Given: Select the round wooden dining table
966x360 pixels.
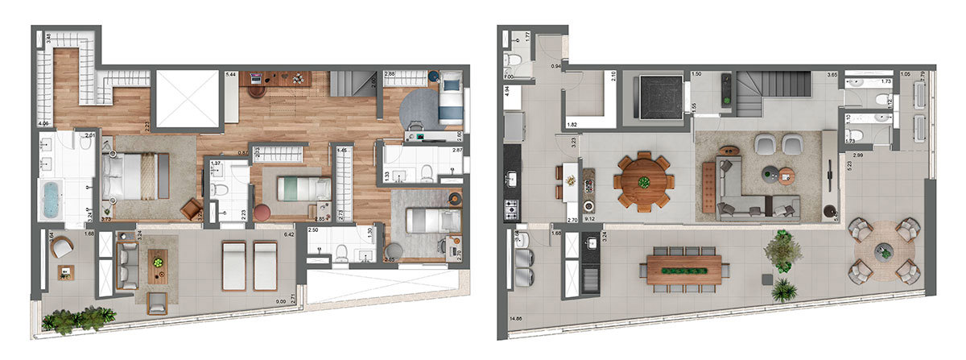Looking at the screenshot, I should (644, 181).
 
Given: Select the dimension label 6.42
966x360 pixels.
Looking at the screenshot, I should (291, 235).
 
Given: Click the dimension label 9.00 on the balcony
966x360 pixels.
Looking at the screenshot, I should (279, 302).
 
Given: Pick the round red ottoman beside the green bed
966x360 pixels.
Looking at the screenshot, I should (263, 213).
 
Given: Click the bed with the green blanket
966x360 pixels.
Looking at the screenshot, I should (303, 189).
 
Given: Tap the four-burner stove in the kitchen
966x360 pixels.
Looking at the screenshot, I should (512, 210).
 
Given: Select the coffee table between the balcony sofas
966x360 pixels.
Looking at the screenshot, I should (158, 265).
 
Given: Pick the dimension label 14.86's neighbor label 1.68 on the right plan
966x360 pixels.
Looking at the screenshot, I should (555, 234).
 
